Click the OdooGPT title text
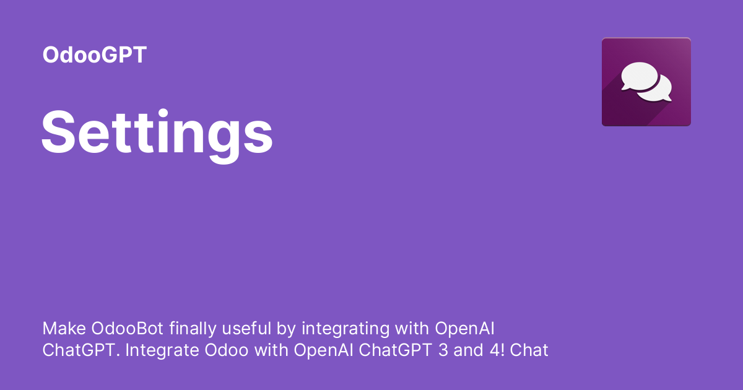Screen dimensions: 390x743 [x=94, y=55]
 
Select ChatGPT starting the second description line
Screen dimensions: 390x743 [x=80, y=350]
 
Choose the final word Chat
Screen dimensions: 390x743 [x=530, y=350]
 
